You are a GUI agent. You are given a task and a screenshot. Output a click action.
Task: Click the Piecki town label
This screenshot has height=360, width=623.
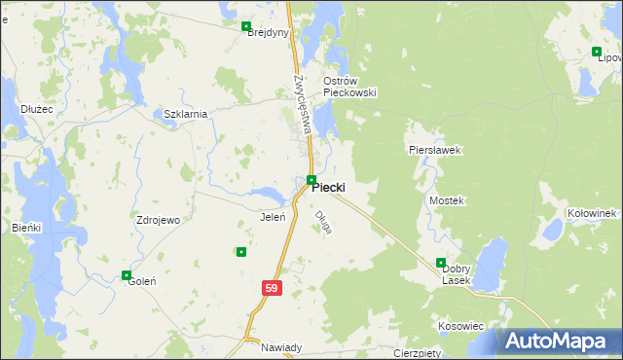329,188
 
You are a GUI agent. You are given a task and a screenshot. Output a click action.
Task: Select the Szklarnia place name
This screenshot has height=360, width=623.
185,114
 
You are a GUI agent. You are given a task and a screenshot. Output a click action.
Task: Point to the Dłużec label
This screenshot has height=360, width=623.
37,109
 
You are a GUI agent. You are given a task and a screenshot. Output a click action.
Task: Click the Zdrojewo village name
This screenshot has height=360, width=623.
158,220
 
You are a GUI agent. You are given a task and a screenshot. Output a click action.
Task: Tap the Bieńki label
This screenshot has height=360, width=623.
26,227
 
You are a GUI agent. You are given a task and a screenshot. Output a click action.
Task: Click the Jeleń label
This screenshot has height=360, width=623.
272,216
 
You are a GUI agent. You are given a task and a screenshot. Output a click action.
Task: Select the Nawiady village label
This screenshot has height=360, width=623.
281,347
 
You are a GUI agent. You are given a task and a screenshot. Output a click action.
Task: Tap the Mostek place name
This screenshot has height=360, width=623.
447,199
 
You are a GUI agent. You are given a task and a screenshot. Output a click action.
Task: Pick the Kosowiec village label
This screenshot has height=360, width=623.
461,326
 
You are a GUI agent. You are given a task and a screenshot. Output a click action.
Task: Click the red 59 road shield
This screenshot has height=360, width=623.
272,288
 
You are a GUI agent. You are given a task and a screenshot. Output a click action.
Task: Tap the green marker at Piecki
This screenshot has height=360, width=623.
311,180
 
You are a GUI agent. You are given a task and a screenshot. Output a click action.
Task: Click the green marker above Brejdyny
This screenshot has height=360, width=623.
246,27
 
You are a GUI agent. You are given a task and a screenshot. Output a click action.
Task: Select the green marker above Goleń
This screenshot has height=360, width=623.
127,275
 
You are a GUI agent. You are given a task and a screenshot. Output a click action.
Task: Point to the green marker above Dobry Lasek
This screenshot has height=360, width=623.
441,263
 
